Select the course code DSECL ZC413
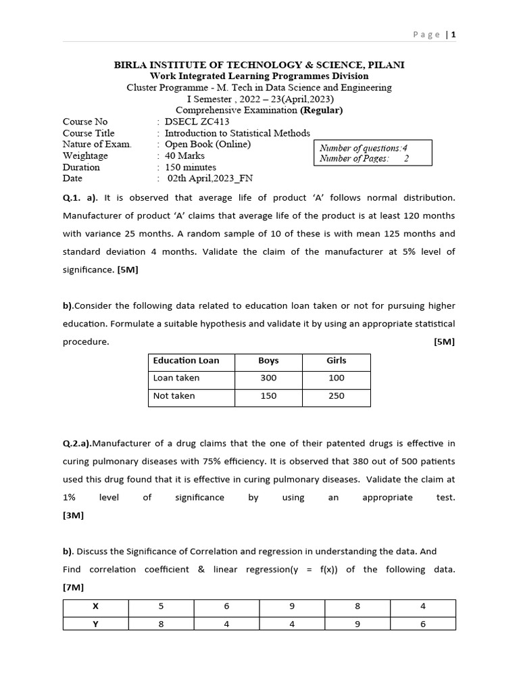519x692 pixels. pyautogui.click(x=193, y=122)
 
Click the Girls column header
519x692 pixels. pyautogui.click(x=337, y=361)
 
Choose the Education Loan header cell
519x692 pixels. pyautogui.click(x=187, y=361)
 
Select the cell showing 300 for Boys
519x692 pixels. pyautogui.click(x=268, y=378)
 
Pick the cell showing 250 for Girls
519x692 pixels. pyautogui.click(x=337, y=396)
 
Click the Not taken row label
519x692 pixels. pyautogui.click(x=174, y=396)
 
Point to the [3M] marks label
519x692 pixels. pyautogui.click(x=74, y=516)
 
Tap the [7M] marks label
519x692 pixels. pyautogui.click(x=74, y=588)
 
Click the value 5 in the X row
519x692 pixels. pyautogui.click(x=161, y=607)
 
